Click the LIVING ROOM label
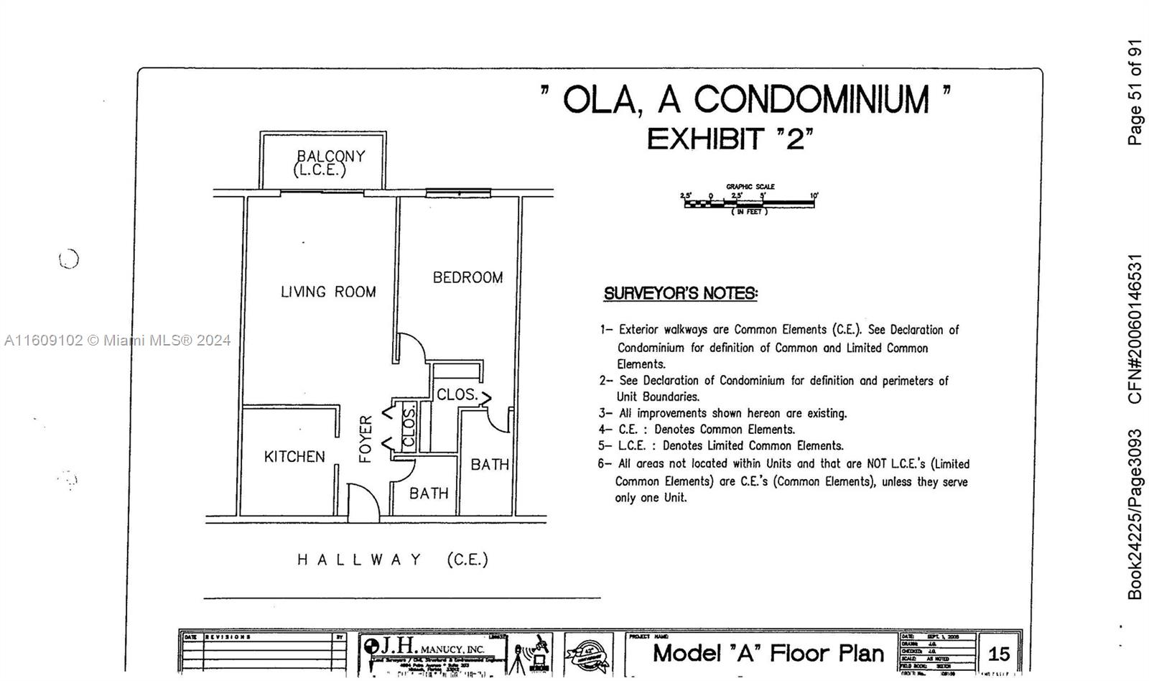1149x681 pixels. pos(328,292)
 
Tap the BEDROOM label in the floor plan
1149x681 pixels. pos(467,277)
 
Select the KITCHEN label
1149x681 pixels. pos(294,457)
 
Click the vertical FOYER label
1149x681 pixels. pos(366,439)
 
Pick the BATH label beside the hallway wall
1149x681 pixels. pos(429,494)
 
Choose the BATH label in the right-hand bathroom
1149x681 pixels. pos(490,465)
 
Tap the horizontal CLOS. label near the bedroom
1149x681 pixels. pos(457,394)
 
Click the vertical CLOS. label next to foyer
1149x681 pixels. pos(409,426)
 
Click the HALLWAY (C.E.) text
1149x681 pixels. pos(393,560)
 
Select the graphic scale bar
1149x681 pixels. pos(749,203)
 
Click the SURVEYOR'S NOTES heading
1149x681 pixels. pos(680,293)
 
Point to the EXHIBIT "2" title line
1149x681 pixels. pos(730,138)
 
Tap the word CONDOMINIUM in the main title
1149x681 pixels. pos(811,99)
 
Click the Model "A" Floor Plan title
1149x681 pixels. pos(768,653)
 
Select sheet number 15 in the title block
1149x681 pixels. pos(999,654)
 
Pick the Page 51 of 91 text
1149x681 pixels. pos(1135,92)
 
